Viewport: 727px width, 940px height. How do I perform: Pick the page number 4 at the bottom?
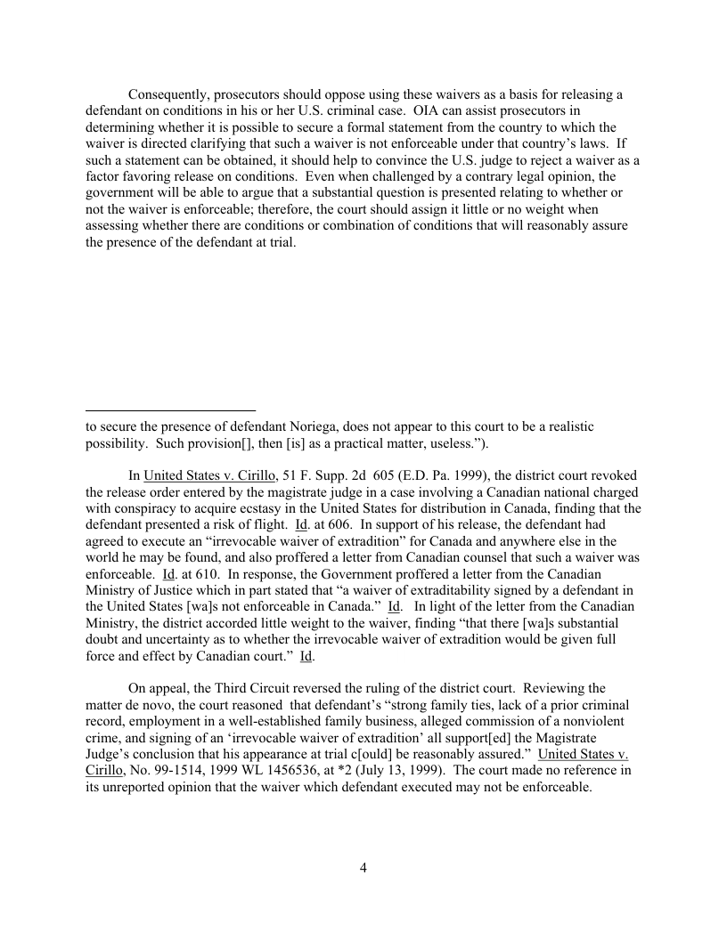[363, 869]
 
